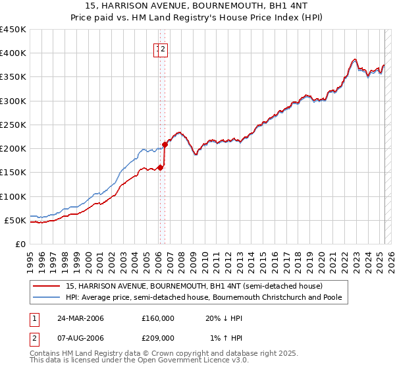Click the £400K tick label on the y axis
13,53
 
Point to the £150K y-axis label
13,172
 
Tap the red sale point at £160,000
161,167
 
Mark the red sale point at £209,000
165,144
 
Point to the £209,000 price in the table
158,337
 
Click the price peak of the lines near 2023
354,59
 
